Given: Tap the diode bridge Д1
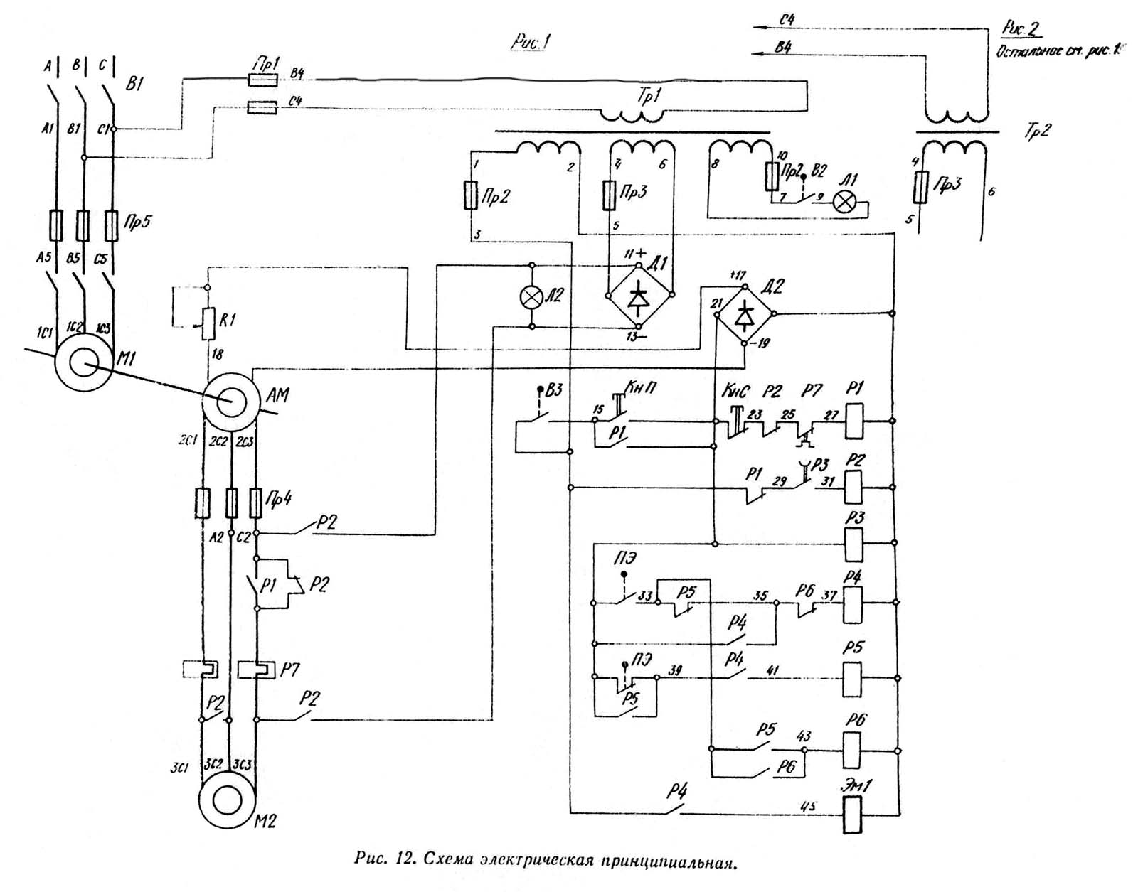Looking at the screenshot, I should pos(639,294).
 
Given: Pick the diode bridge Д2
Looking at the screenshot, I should pos(745,314).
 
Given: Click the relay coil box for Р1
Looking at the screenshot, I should pos(854,421).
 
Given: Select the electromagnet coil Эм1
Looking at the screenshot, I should pos(852,815).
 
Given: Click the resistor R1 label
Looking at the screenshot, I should pos(228,321).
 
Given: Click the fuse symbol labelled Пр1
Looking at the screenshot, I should pos(262,80).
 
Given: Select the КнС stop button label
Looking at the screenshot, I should pos(735,392).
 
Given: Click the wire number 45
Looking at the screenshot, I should pos(808,807).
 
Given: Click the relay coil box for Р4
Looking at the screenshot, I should pos(852,604).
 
